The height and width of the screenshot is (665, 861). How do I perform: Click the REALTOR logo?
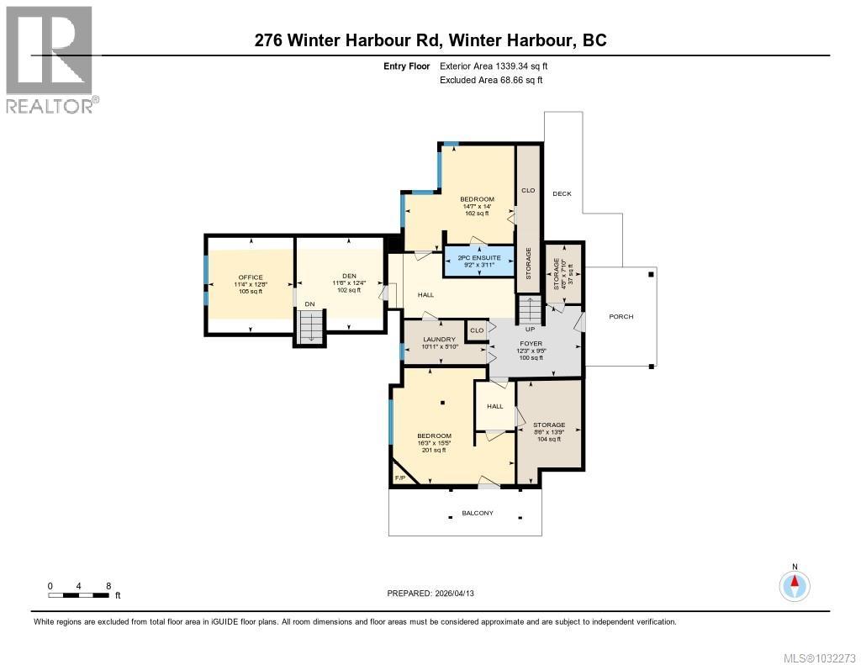tap(50, 60)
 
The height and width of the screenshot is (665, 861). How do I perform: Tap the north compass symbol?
tap(795, 584)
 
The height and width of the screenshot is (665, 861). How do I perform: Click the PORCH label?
tap(621, 317)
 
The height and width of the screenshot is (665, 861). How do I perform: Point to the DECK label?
tap(562, 194)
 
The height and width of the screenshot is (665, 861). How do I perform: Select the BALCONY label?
tap(478, 513)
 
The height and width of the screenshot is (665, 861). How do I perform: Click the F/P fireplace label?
tap(400, 478)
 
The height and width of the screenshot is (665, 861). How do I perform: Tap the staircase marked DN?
tap(311, 326)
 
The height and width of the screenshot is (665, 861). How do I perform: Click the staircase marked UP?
tap(531, 312)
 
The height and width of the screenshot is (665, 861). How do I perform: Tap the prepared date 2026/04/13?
tap(436, 594)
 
